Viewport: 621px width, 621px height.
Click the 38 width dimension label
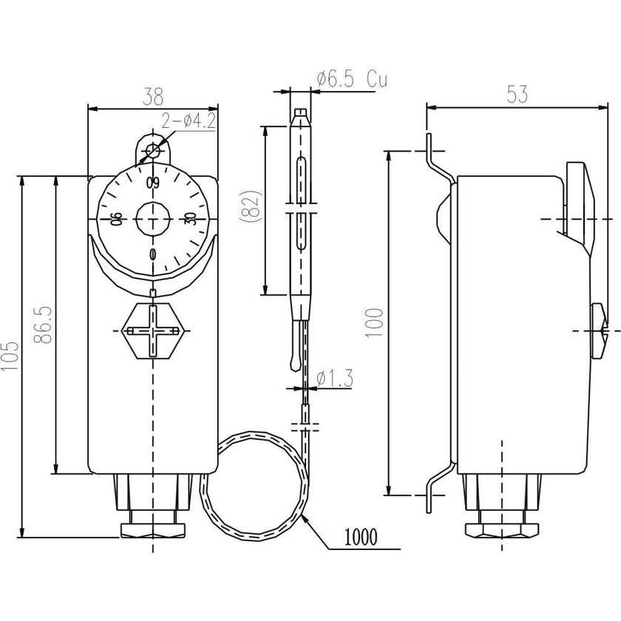pyautogui.click(x=153, y=97)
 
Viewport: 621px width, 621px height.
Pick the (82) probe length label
pyautogui.click(x=251, y=210)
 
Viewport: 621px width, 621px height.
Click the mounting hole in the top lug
pyautogui.click(x=153, y=152)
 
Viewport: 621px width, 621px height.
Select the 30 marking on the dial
pyautogui.click(x=190, y=219)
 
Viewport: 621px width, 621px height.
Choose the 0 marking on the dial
pyautogui.click(x=153, y=255)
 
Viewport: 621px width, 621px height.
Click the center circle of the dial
pyautogui.click(x=153, y=219)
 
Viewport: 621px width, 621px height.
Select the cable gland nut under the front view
pyautogui.click(x=153, y=529)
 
